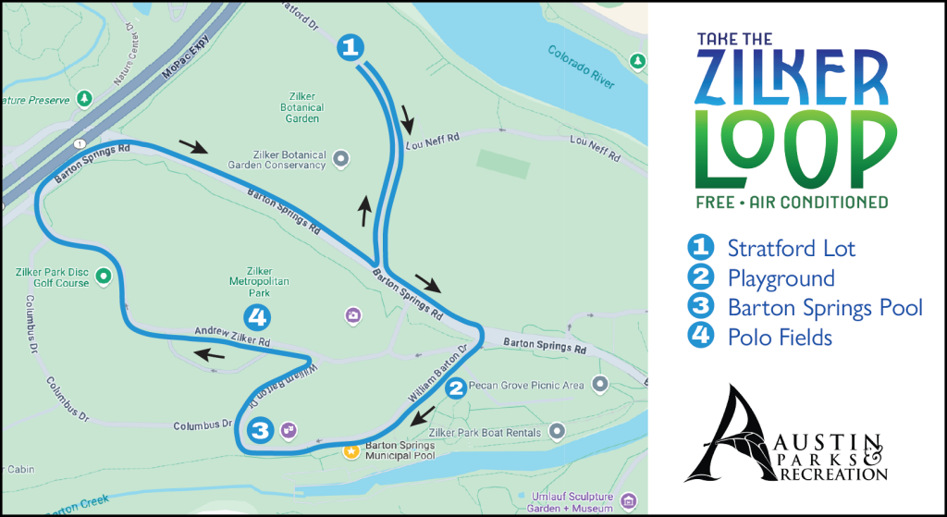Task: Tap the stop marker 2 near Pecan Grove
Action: [x=455, y=389]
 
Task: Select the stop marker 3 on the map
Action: [x=261, y=430]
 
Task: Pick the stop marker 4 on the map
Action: [x=258, y=317]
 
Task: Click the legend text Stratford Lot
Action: [x=791, y=248]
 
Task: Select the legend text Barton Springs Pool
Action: [x=825, y=307]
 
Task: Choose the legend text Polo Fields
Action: [x=780, y=337]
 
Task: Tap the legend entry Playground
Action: [x=781, y=277]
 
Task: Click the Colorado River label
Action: [x=580, y=67]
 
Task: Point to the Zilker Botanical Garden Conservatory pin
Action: [x=340, y=158]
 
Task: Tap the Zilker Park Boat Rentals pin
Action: [x=556, y=430]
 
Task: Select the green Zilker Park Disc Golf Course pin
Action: [x=104, y=275]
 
